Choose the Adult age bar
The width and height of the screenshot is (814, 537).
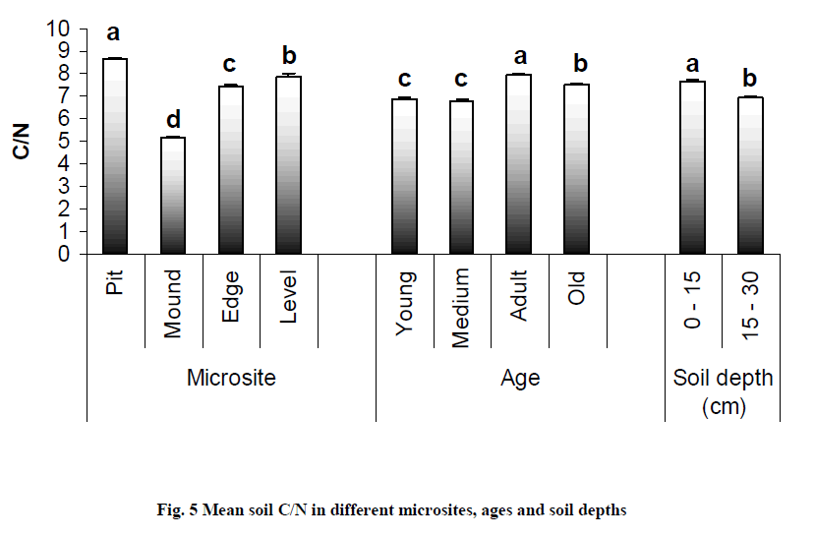(x=520, y=163)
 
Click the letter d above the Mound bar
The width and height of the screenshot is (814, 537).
(x=173, y=120)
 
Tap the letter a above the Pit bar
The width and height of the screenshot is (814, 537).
(x=114, y=33)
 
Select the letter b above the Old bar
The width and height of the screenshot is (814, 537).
(x=580, y=65)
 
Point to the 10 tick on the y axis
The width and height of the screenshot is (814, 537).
(x=60, y=30)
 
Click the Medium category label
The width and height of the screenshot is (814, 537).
(x=462, y=309)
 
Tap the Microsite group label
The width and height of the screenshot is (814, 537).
(x=231, y=378)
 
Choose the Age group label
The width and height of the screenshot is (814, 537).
(x=520, y=378)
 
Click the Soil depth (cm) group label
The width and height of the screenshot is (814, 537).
(x=724, y=389)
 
